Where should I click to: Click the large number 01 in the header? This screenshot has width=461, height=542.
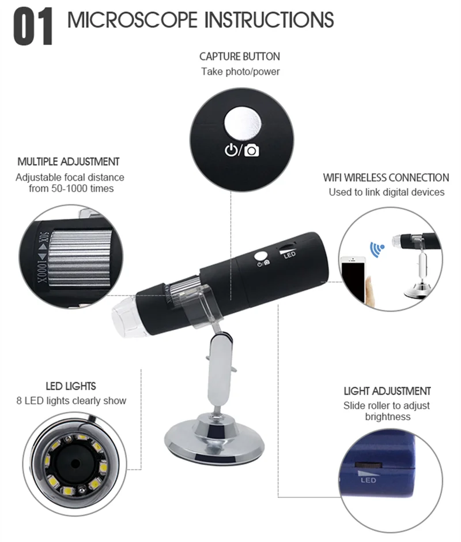click(33, 27)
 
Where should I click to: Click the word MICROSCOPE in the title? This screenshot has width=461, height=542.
click(133, 20)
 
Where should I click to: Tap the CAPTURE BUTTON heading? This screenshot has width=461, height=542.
click(240, 57)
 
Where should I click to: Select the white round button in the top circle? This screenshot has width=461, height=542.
click(242, 124)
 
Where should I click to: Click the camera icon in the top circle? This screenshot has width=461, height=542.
click(252, 151)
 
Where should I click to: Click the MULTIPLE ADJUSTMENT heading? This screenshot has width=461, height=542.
click(69, 162)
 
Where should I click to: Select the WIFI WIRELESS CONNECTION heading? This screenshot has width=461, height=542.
click(386, 178)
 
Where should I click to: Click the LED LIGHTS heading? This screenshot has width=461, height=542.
click(71, 386)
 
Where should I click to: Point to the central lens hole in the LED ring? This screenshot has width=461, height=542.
click(74, 462)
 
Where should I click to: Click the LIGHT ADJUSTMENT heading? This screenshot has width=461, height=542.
click(387, 391)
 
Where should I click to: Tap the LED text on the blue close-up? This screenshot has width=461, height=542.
click(368, 480)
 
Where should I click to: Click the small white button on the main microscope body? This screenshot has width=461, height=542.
click(261, 256)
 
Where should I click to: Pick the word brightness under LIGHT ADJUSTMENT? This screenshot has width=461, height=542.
click(388, 417)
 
